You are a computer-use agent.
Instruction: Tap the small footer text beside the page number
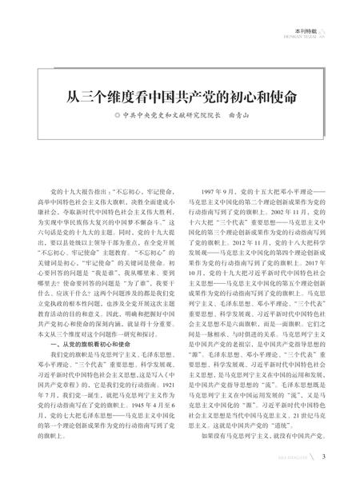pos(290,457)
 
